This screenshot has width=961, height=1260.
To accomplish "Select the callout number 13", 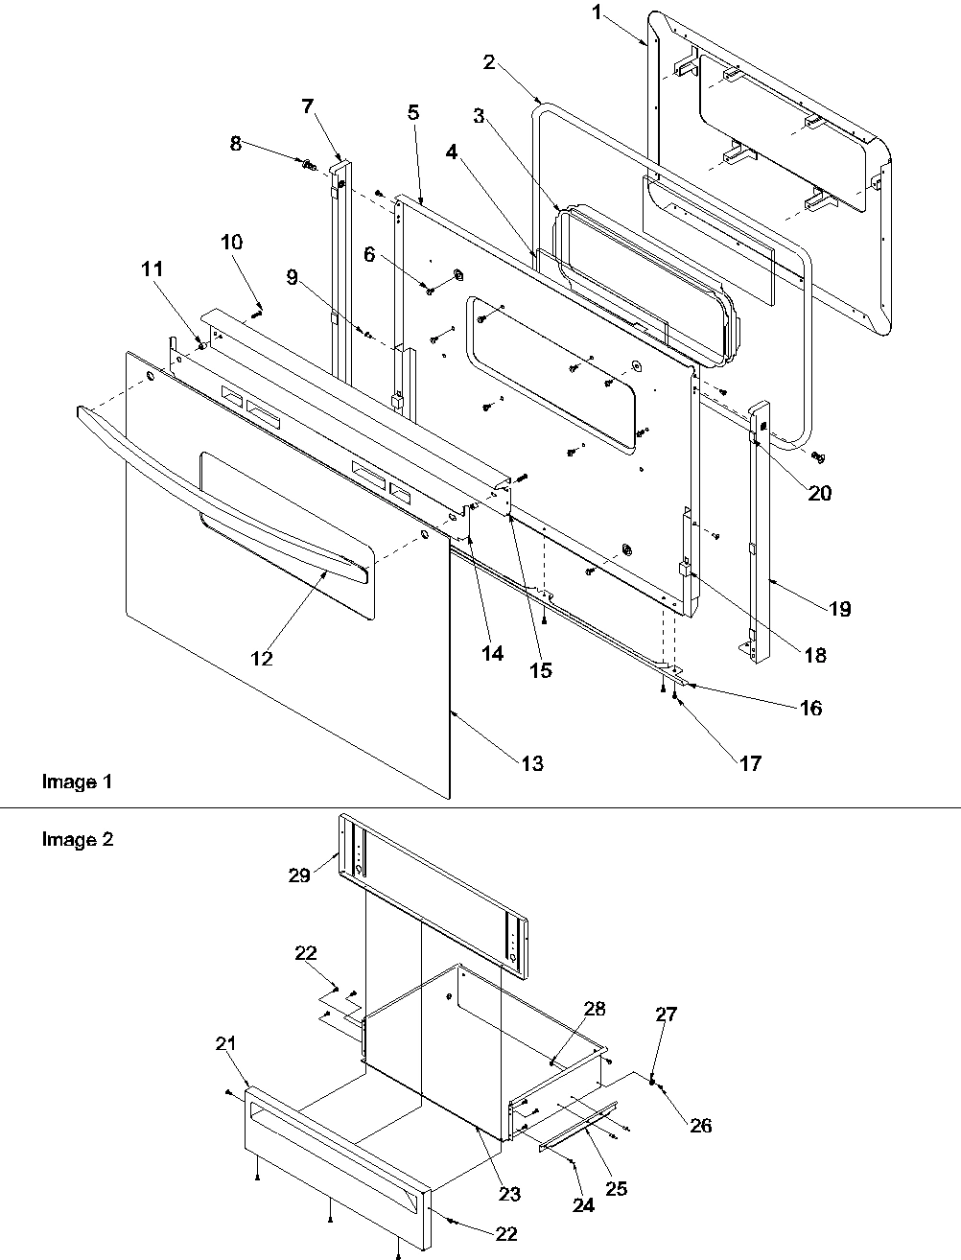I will point(532,763).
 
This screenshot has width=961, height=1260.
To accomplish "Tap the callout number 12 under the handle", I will point(261,659).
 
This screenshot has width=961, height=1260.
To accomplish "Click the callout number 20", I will point(819,494).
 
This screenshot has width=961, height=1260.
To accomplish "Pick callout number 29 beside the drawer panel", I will point(298,875).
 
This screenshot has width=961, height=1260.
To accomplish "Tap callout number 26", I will point(701,1125).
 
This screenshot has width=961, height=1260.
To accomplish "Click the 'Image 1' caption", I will point(77,782).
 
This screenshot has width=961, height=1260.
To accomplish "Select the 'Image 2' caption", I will point(77,840).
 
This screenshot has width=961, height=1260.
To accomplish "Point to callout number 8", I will point(235,144).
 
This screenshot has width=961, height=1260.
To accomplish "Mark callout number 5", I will point(412,112).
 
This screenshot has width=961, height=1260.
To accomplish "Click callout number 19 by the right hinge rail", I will point(839,609).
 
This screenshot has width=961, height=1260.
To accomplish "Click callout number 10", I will point(232,243).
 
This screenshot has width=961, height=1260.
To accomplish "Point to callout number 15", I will point(541,670).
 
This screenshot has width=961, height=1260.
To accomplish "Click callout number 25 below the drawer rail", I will point(616,1188).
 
